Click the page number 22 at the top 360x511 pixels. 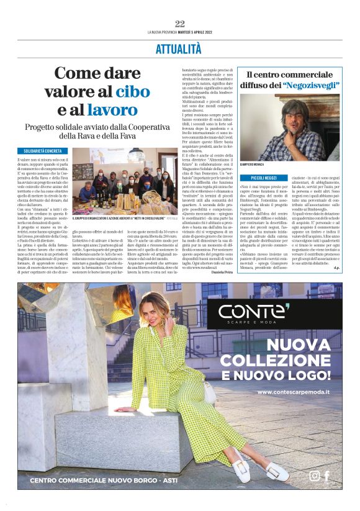pyautogui.click(x=180, y=24)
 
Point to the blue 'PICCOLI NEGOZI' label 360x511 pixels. pyautogui.click(x=260, y=178)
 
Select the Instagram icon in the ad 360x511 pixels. pyautogui.click(x=315, y=476)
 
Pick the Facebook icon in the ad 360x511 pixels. pyautogui.click(x=326, y=476)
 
